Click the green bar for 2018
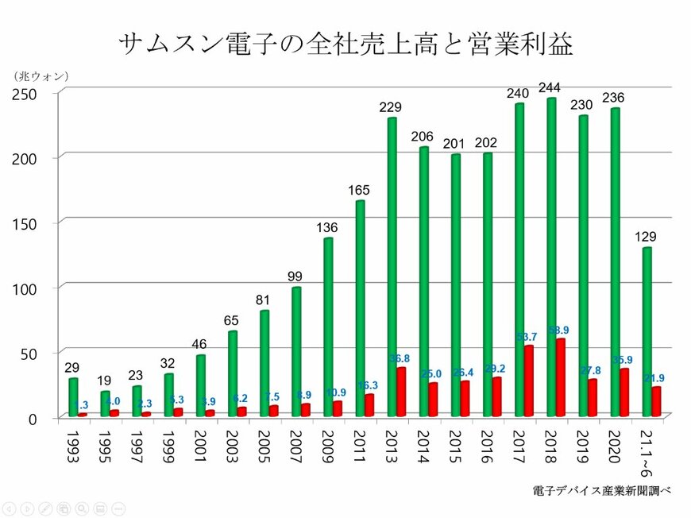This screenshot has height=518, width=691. pyautogui.click(x=551, y=257)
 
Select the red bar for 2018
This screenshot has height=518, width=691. pyautogui.click(x=561, y=377)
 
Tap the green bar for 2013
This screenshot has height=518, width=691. pyautogui.click(x=392, y=267)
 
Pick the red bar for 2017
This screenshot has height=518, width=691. pyautogui.click(x=529, y=381)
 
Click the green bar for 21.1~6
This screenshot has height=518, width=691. pyautogui.click(x=647, y=332)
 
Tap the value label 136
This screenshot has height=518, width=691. pyautogui.click(x=326, y=227)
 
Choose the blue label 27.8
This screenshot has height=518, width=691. pyautogui.click(x=589, y=370)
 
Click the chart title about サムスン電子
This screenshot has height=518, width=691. pyautogui.click(x=345, y=44)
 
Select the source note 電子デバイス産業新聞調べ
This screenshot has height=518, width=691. pyautogui.click(x=601, y=490)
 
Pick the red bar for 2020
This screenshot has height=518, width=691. pyautogui.click(x=624, y=392)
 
